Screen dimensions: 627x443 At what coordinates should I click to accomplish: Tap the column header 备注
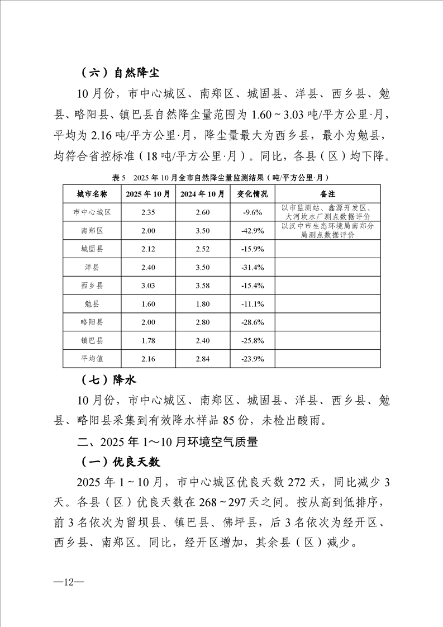[327, 194]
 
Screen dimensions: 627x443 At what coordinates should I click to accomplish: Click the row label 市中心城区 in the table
[92, 212]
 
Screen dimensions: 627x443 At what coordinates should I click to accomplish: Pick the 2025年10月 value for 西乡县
[148, 286]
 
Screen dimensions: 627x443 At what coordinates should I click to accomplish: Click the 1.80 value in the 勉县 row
[202, 304]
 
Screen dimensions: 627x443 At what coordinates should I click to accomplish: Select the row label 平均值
[92, 359]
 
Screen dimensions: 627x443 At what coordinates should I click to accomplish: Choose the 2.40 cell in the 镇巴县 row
[202, 340]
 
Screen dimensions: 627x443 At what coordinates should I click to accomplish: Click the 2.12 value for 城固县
[148, 249]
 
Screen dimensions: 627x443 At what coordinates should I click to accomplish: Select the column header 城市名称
[92, 194]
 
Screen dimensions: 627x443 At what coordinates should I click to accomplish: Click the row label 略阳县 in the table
[92, 322]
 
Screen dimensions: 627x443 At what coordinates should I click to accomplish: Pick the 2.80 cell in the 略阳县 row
[202, 322]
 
